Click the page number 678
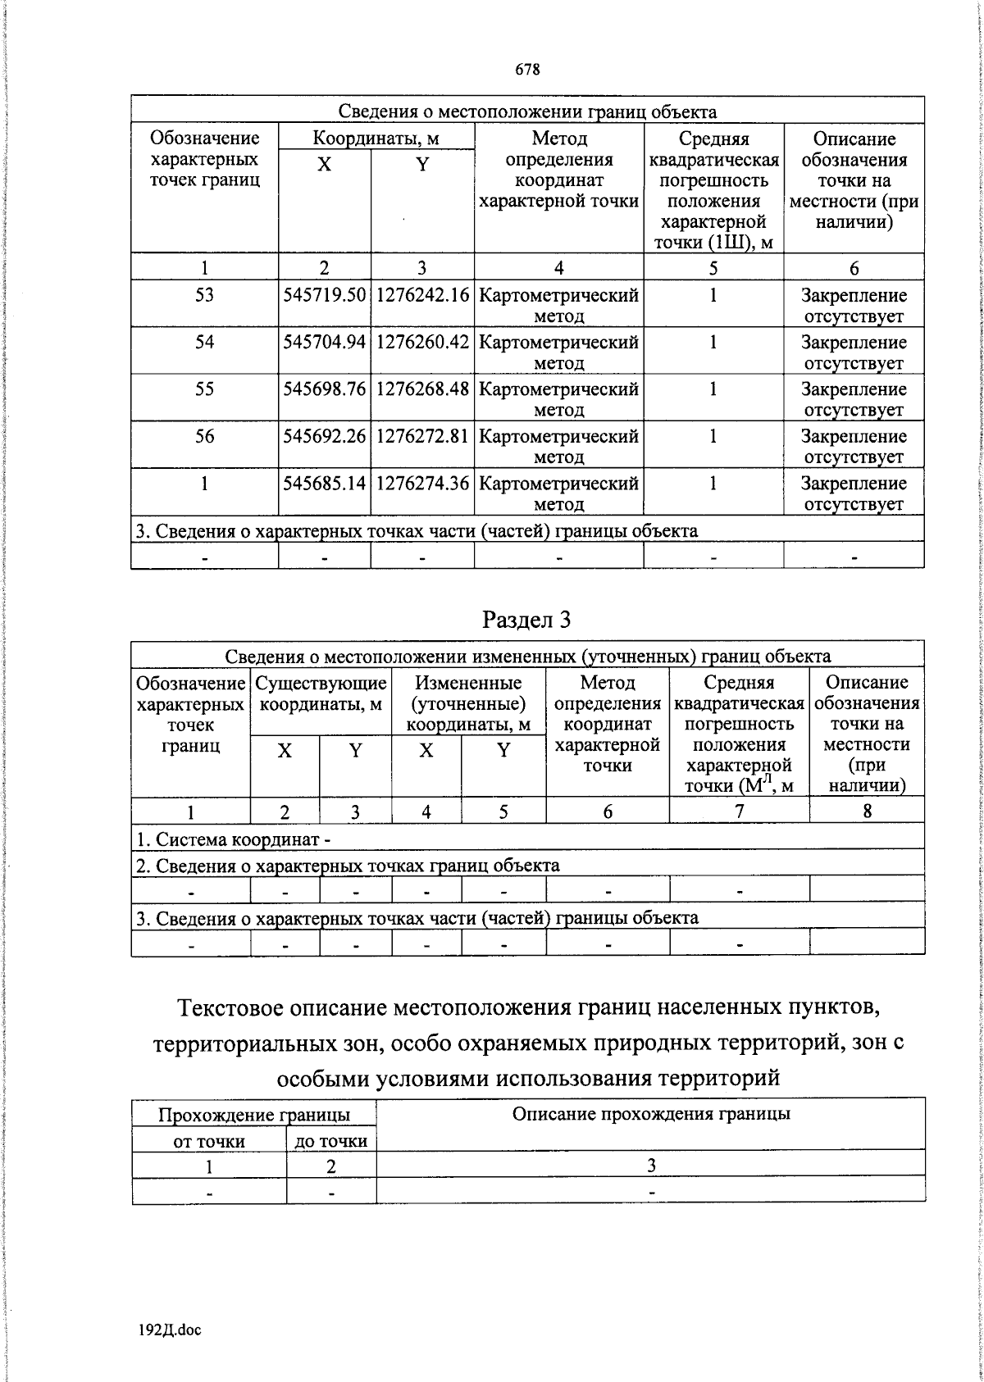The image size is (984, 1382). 527,70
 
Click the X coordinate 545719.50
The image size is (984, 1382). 324,296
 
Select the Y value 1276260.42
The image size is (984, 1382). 422,343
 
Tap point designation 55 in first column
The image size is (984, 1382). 204,389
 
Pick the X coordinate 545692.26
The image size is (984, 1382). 324,436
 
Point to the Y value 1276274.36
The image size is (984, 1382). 422,484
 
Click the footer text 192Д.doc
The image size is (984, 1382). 171,1330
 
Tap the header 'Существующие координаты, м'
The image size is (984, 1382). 321,693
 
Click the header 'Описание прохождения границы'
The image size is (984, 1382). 651,1113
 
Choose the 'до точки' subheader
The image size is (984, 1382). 331,1140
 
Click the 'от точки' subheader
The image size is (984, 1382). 209,1140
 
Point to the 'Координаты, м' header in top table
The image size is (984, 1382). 376,139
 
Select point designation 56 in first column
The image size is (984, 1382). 204,436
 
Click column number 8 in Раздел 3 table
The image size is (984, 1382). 867,811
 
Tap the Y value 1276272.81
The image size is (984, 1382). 422,436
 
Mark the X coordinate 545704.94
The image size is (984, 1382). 324,343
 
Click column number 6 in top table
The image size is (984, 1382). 854,268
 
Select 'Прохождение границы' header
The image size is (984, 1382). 253,1115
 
